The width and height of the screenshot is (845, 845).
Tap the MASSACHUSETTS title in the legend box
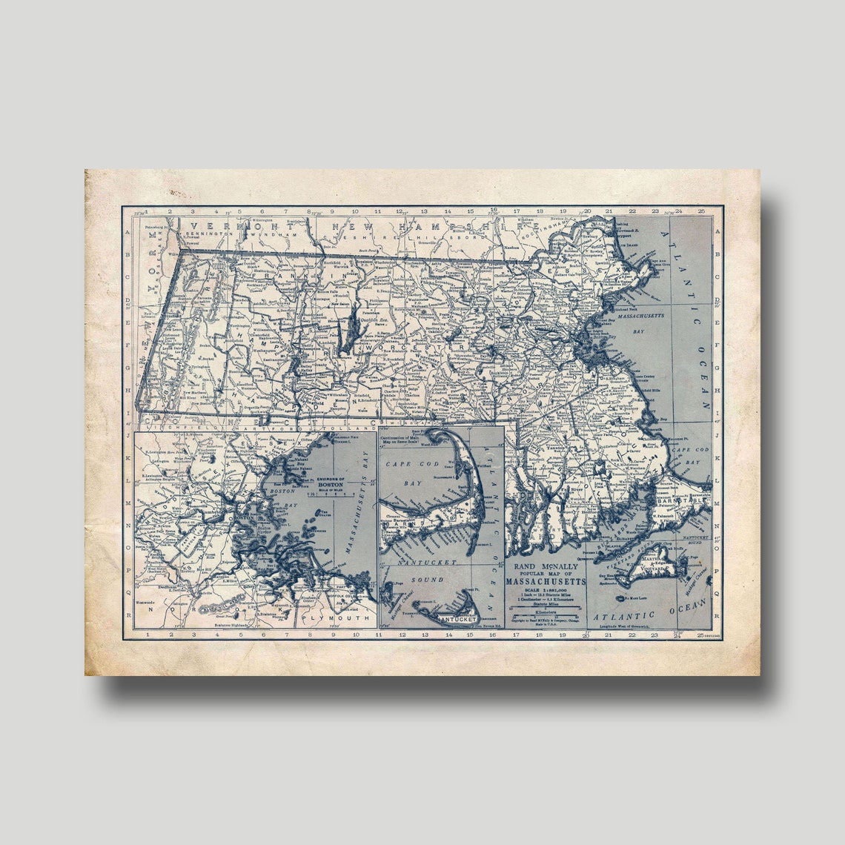(x=546, y=581)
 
